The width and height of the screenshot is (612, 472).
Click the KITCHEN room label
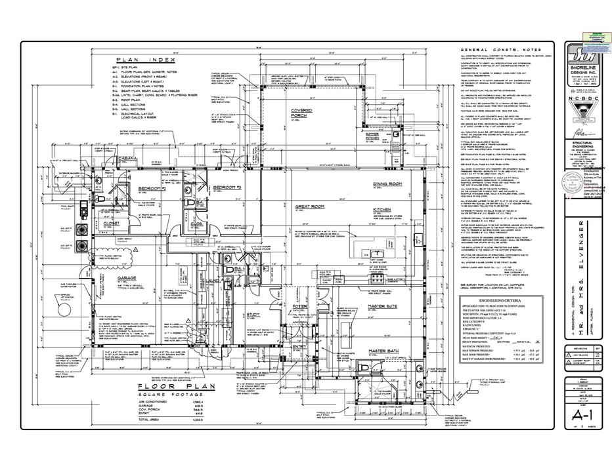pyautogui.click(x=383, y=210)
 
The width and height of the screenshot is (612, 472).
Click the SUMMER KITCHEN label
pyautogui.click(x=376, y=136)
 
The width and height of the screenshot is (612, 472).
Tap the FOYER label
pyautogui.click(x=299, y=307)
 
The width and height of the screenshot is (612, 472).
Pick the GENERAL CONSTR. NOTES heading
pyautogui.click(x=489, y=50)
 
